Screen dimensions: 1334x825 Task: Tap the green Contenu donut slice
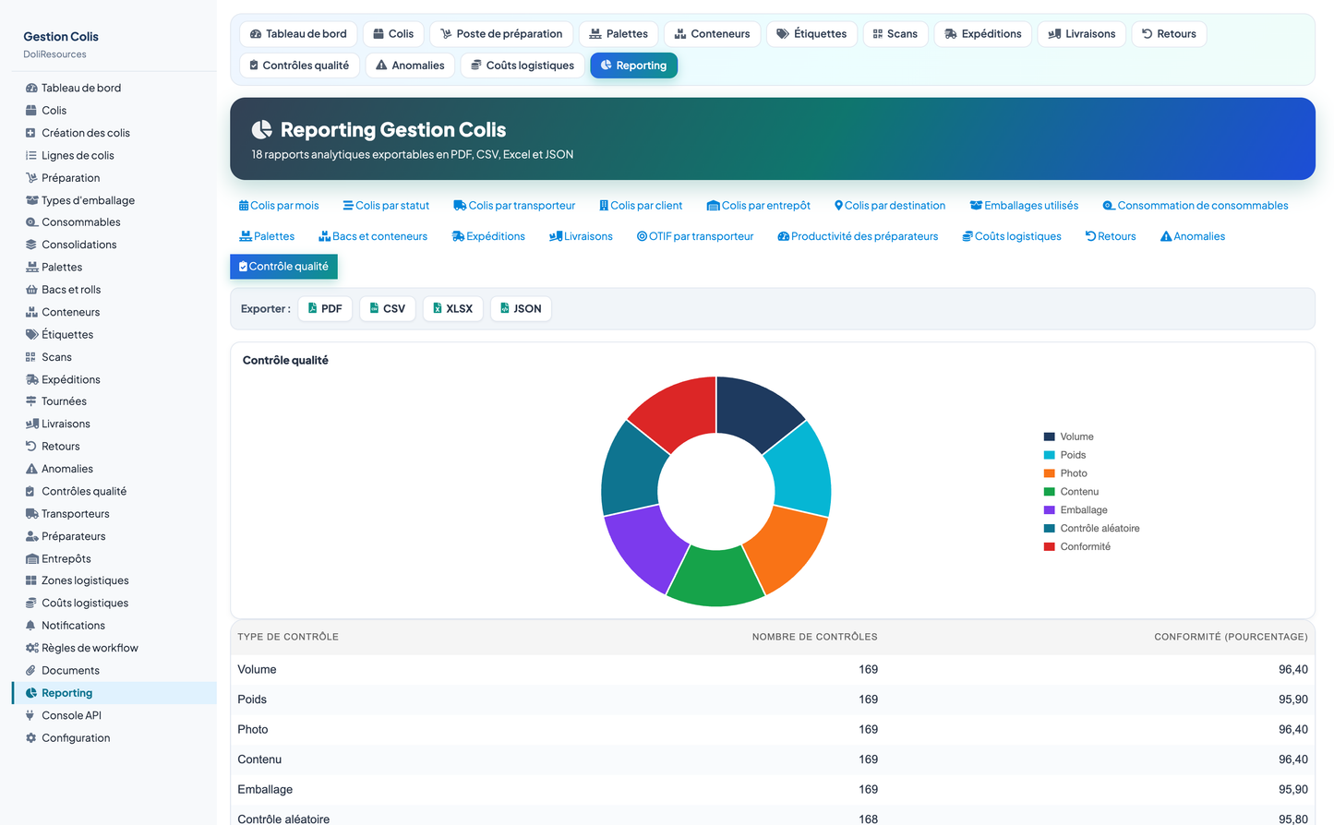pos(715,578)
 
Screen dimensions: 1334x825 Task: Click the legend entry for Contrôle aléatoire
pos(1091,528)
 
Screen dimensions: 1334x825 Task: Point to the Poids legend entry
pos(1064,455)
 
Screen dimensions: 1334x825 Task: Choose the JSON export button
pos(521,308)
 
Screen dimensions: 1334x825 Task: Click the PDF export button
pos(325,308)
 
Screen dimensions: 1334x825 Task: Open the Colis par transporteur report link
pos(514,206)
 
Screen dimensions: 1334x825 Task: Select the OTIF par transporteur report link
pos(694,236)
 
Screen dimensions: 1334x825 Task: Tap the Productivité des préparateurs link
pos(858,236)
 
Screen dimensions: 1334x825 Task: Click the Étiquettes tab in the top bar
pos(811,34)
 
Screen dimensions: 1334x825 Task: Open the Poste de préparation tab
pos(501,34)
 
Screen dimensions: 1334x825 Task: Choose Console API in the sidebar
pos(71,715)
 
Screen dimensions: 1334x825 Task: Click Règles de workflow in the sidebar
pos(90,648)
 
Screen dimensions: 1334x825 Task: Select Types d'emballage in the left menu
pos(88,200)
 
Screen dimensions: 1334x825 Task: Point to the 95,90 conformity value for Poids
pos(1292,699)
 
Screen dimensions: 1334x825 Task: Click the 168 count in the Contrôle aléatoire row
pos(868,819)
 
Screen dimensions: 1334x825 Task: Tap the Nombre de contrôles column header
pos(814,637)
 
